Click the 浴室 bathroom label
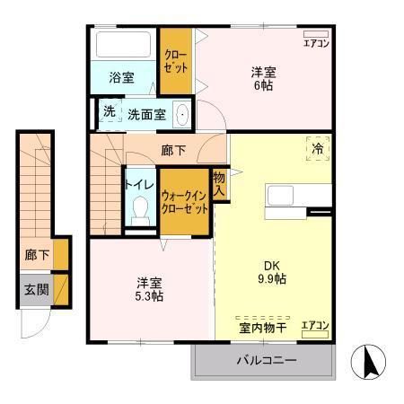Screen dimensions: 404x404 pos(122,78)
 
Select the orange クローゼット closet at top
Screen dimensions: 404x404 pos(176,60)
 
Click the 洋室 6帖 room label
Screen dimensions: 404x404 pos(262,78)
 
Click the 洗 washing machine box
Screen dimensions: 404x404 pos(109,113)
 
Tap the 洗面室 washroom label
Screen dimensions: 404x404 pos(145,114)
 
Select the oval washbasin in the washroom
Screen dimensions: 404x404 pos(181,115)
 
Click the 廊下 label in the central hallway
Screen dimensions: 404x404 pos(173,152)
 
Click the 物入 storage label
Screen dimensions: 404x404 pos(219,184)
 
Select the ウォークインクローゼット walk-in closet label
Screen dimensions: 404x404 pos(185,201)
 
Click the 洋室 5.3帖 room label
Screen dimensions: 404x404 pos(149,289)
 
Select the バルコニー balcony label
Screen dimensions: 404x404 pos(266,361)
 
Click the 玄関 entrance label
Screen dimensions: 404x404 pos(36,289)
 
